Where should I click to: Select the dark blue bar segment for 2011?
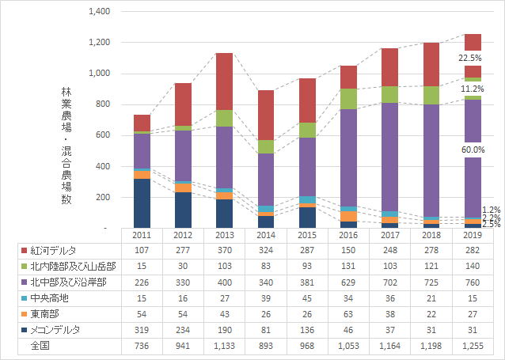pos(142,203)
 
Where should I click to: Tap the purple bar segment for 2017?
pos(389,157)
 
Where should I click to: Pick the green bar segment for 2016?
pos(347,98)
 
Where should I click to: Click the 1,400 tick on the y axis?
pos(100,12)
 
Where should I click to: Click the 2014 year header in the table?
pos(265,236)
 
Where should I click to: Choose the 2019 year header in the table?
pos(473,236)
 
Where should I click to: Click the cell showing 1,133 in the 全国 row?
pos(224,345)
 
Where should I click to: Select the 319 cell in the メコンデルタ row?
pos(141,329)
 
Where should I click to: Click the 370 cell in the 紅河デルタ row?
pos(224,251)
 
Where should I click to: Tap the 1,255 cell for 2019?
pos(473,345)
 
